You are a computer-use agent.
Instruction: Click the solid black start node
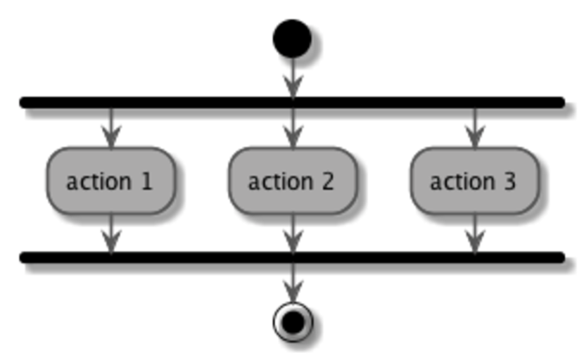pos(292,39)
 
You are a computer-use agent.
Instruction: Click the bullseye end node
pos(293,322)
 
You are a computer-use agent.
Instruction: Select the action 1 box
pos(110,181)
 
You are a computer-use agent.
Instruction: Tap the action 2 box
pos(293,181)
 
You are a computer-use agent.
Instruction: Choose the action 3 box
pos(474,181)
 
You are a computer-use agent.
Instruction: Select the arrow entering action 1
pos(110,128)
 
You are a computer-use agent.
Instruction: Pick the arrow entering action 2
pos(293,128)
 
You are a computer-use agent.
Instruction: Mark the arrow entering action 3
pos(474,128)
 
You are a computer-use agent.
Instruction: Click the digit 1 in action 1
pos(146,181)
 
